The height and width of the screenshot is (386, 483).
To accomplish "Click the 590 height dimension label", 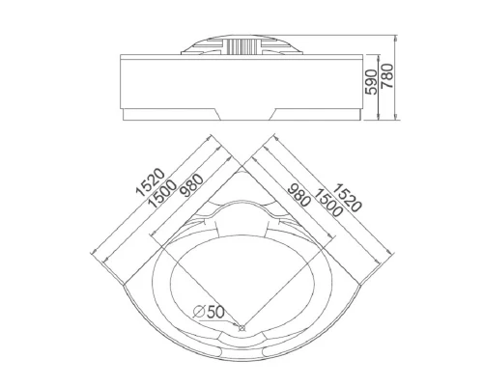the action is [x=372, y=82].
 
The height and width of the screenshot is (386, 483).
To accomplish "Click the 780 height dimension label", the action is [x=387, y=76].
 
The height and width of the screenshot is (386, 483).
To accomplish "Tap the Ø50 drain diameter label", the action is [x=209, y=312].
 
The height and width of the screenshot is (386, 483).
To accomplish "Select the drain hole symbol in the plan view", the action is [x=241, y=328].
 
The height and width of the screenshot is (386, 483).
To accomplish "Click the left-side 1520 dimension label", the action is [x=151, y=182].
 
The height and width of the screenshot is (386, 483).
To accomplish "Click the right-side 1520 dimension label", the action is [x=347, y=198].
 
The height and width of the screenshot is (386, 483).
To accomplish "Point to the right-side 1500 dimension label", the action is [x=327, y=203].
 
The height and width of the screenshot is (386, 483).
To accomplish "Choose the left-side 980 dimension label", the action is [x=191, y=185].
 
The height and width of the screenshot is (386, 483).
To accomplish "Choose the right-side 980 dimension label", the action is [x=299, y=195].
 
